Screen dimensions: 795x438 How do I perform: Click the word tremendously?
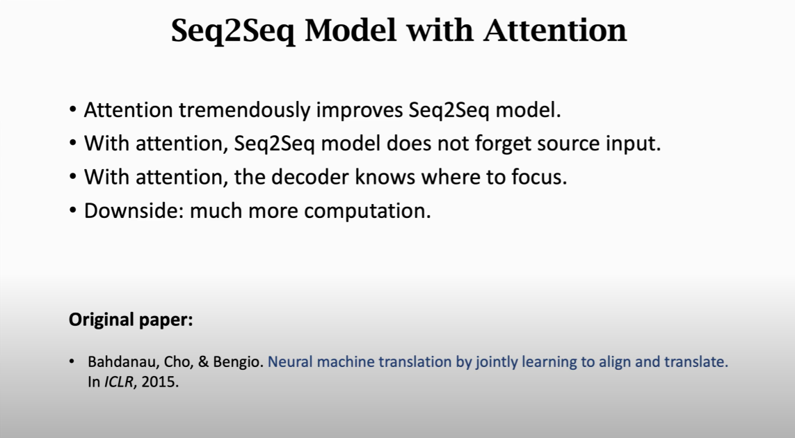pyautogui.click(x=244, y=110)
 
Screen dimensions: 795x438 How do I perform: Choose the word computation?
pyautogui.click(x=367, y=211)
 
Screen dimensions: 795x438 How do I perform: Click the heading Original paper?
pyautogui.click(x=131, y=320)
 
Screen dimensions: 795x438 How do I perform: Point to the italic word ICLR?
pyautogui.click(x=120, y=382)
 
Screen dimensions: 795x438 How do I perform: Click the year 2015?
pyautogui.click(x=160, y=382)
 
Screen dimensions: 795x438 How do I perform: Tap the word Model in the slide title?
pyautogui.click(x=351, y=31)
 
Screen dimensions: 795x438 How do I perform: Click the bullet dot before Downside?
pyautogui.click(x=73, y=210)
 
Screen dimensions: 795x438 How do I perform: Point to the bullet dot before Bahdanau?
pyautogui.click(x=72, y=361)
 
